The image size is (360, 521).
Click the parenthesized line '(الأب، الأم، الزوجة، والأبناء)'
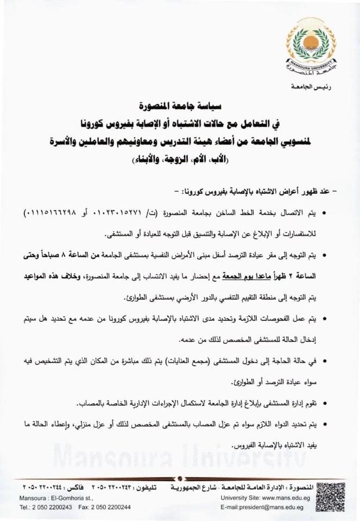[179, 161]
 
